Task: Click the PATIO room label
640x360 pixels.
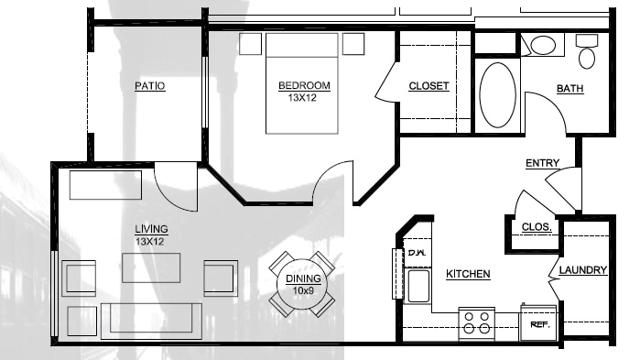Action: (150, 86)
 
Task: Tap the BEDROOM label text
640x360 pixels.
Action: (304, 86)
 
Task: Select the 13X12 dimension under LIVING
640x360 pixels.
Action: (150, 242)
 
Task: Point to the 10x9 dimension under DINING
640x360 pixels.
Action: (303, 290)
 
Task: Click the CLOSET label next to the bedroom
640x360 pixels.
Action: (428, 86)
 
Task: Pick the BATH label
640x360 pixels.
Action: (569, 89)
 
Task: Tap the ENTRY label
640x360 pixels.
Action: (542, 163)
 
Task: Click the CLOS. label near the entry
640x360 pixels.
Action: (537, 227)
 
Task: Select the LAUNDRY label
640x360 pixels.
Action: (583, 270)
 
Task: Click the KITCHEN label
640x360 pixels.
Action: (468, 274)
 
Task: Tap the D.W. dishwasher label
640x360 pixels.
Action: (417, 253)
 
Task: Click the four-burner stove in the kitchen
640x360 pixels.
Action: (477, 323)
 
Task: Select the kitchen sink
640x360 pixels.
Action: (418, 286)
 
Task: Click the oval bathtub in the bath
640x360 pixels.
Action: (497, 94)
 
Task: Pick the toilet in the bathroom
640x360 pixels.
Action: (587, 51)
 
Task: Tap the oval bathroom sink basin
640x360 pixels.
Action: (543, 45)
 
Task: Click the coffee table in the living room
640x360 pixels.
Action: (151, 267)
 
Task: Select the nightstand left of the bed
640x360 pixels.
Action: (250, 44)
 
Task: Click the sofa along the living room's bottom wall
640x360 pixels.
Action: (151, 321)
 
